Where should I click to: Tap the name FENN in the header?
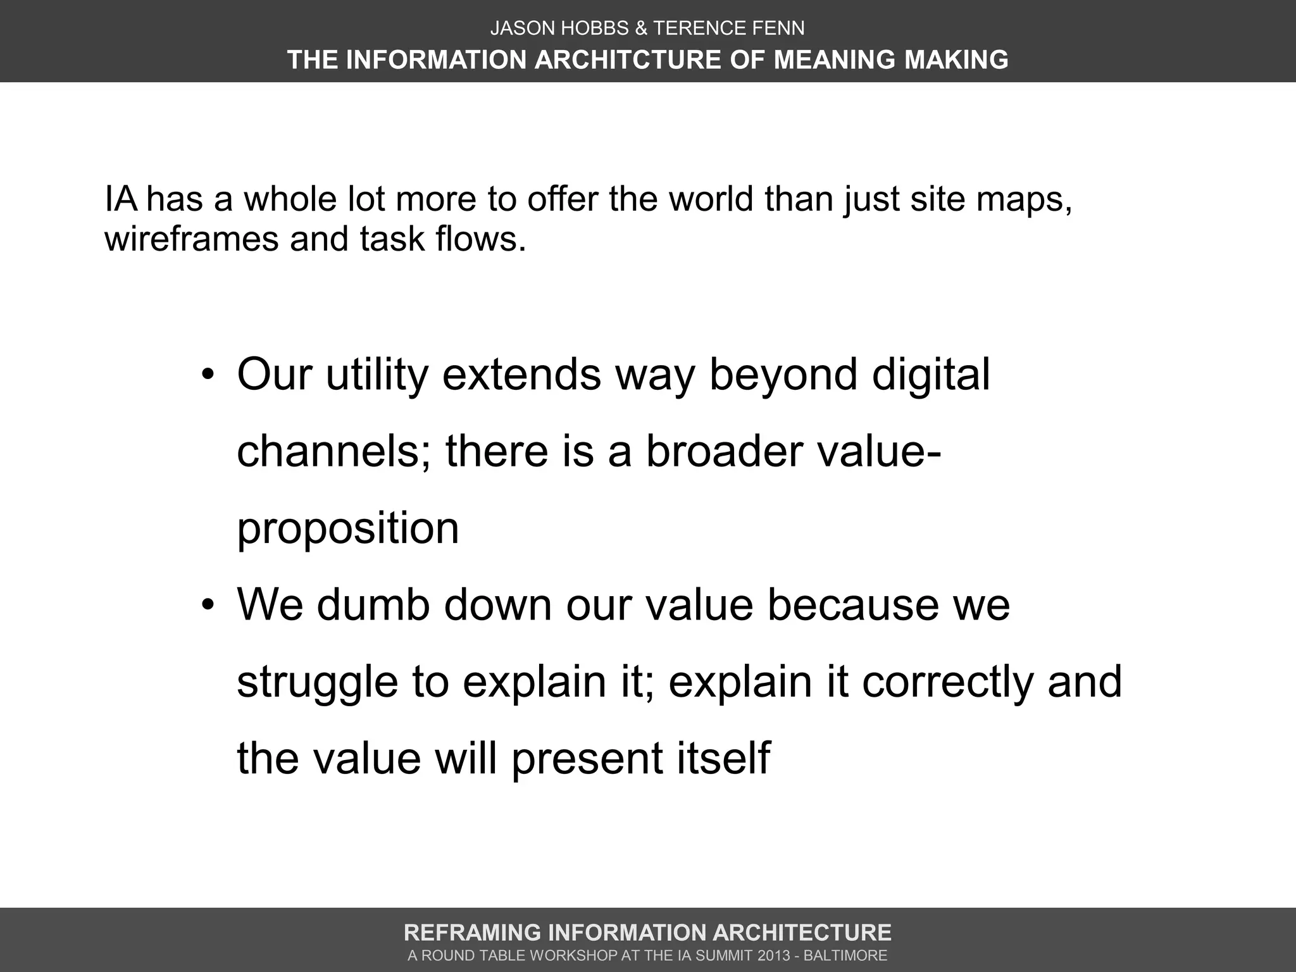click(782, 28)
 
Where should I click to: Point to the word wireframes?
click(191, 239)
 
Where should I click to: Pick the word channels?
click(335, 452)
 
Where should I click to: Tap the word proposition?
click(347, 529)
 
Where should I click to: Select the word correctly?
click(947, 682)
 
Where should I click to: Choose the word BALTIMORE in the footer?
click(845, 956)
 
